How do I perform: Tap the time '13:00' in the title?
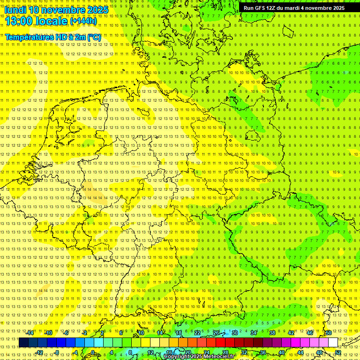click(17, 21)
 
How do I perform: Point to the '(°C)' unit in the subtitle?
click(94, 37)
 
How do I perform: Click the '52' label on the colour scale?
click(338, 352)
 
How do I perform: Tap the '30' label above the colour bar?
click(234, 333)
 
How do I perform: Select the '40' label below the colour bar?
click(282, 352)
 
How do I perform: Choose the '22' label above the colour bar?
click(197, 333)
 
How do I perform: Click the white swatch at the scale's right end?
click(332, 342)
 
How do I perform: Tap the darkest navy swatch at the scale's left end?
click(23, 342)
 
